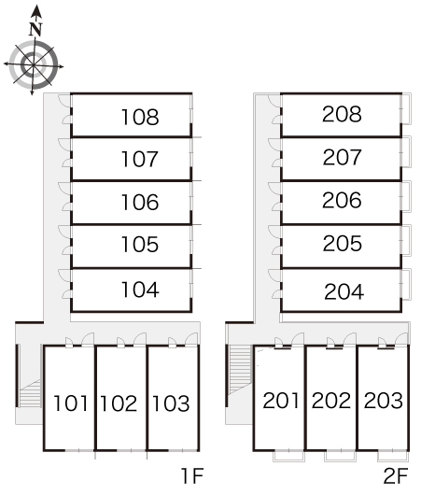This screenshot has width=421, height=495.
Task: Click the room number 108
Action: point(140,117)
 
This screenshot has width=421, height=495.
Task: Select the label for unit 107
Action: point(139,159)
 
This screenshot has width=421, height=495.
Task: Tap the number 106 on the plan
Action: point(140,202)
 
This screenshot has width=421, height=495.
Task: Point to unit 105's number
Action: point(140,245)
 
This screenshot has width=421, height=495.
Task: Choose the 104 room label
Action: point(140,290)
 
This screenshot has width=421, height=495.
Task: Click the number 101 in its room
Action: point(71,403)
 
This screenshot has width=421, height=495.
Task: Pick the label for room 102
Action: point(119,403)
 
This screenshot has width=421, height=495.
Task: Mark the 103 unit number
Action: point(171,403)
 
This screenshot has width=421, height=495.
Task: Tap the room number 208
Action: point(342,114)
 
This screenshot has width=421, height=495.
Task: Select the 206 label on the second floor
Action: point(342,200)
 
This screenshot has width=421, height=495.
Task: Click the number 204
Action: point(344,291)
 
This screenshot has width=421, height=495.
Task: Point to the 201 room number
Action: point(281,401)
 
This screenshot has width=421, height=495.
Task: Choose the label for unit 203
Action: point(384,401)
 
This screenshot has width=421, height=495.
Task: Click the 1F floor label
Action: point(192,475)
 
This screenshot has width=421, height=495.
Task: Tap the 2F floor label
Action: point(396,475)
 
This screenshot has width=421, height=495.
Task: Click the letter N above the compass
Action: point(35,29)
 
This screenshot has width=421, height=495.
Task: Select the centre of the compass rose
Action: point(34,65)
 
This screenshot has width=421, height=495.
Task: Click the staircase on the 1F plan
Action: point(30,393)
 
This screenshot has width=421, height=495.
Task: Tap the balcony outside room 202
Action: point(340,456)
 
